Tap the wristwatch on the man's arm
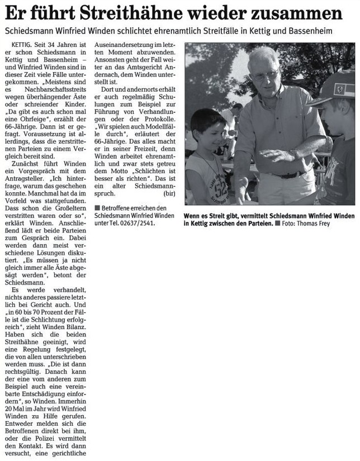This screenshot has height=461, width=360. [294, 153]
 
